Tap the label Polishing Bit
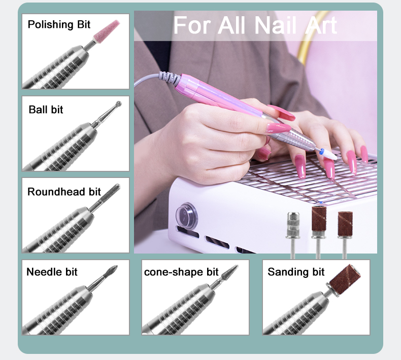(x=59, y=24)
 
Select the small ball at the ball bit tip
(x=118, y=104)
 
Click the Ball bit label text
(x=46, y=110)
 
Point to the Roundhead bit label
(x=64, y=192)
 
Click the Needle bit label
(x=52, y=272)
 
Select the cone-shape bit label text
(x=181, y=272)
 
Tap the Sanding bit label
(x=296, y=272)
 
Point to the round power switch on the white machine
(x=186, y=214)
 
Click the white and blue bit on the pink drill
(x=328, y=154)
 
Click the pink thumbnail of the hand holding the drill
(x=278, y=128)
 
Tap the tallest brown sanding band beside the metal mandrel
(x=318, y=221)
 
